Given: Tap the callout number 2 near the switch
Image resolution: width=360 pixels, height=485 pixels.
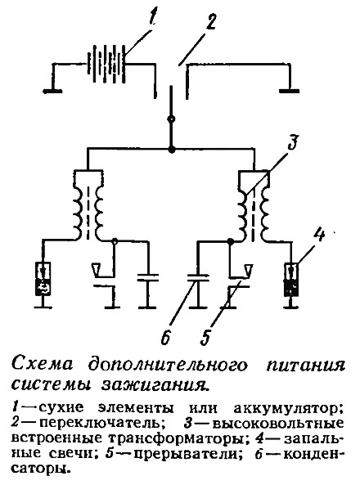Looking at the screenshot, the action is [211, 20].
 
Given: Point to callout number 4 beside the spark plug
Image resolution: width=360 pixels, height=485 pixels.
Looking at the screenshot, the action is [318, 234].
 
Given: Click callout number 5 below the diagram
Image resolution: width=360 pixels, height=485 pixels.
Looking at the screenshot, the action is [205, 337].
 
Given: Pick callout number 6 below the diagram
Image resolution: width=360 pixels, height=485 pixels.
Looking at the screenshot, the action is [165, 337].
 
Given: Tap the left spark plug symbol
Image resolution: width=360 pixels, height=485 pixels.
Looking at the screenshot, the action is [43, 279].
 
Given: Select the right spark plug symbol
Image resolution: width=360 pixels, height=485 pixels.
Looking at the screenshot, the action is [291, 279].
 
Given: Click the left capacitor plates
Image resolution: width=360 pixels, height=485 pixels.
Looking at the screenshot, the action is [148, 277].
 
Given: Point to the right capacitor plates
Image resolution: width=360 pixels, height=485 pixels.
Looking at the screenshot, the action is [198, 277].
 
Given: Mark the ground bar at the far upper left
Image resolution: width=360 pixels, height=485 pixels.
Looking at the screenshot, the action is [52, 91].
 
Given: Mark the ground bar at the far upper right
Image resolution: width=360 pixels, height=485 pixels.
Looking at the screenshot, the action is [290, 91].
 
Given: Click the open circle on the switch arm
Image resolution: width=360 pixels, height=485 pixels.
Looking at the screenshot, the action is [170, 119].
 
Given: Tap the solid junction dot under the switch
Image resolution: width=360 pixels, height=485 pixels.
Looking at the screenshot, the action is [170, 150].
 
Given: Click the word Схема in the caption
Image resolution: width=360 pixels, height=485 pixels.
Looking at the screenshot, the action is [43, 364].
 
